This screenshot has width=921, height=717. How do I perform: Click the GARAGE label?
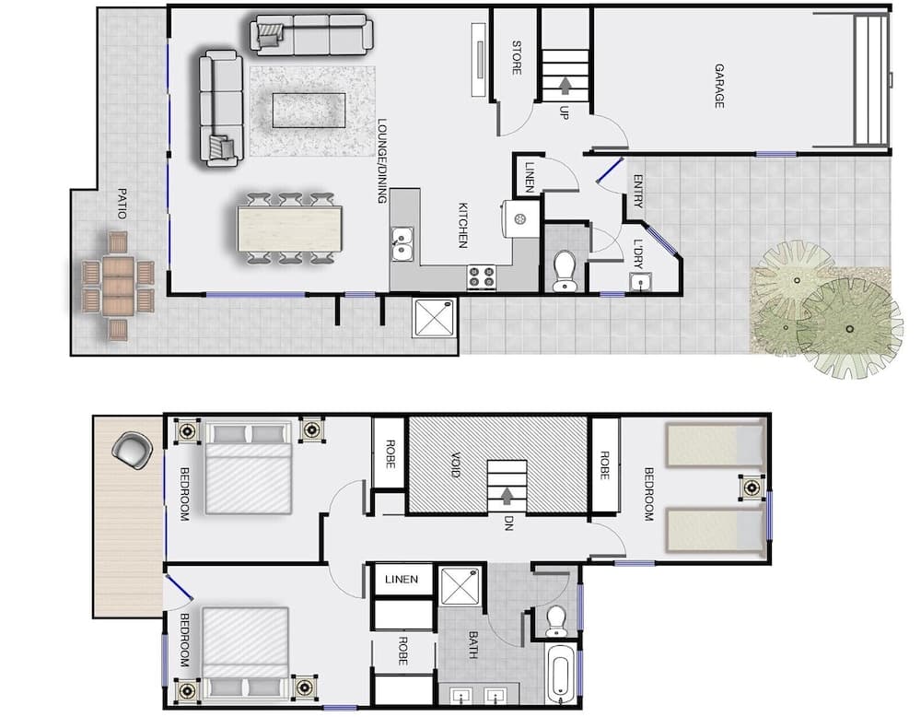click(x=719, y=86)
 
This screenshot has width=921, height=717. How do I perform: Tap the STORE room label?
click(x=517, y=57)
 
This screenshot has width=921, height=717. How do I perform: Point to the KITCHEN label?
click(x=463, y=225)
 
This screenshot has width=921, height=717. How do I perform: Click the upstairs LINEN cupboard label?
click(x=402, y=580)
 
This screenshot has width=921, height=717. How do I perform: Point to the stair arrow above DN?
click(x=506, y=498)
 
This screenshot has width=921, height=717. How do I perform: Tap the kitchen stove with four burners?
click(x=482, y=276)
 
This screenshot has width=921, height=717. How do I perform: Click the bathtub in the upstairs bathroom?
click(x=559, y=674)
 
